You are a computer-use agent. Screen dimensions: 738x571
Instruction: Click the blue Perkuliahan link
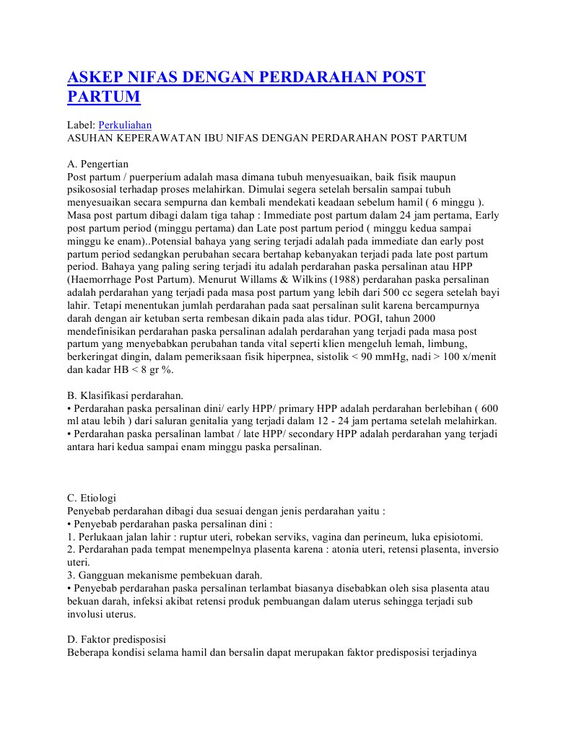[x=125, y=125]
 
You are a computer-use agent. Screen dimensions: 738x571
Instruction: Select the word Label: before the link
[x=81, y=125]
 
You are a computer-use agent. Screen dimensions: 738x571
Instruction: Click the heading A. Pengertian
[x=97, y=164]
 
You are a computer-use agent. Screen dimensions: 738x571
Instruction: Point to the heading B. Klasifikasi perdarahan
[x=125, y=395]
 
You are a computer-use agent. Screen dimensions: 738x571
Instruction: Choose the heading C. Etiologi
[x=91, y=498]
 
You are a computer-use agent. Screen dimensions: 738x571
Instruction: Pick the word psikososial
[x=94, y=190]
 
